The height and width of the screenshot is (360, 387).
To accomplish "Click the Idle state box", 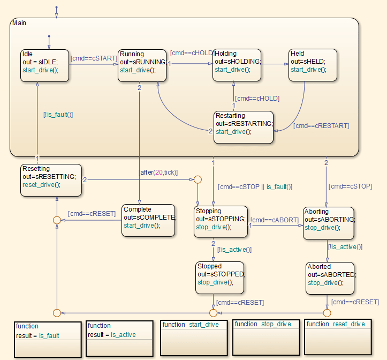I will [45, 65].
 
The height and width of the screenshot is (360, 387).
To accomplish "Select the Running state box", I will [142, 65].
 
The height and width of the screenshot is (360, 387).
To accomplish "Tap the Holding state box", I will [237, 65].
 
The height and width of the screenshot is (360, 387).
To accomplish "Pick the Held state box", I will [313, 65].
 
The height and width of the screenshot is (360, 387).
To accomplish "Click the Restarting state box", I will [243, 127].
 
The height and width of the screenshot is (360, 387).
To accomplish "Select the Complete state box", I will [148, 220].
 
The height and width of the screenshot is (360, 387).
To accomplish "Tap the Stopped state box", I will [219, 277].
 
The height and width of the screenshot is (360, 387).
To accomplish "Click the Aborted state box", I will [330, 278].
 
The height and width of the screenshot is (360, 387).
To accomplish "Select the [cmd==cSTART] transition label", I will [94, 58].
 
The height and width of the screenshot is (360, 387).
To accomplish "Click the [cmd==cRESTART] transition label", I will [321, 126].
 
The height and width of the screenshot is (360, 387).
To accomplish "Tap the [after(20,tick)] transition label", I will [158, 172].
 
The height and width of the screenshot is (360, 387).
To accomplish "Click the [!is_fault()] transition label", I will [58, 114].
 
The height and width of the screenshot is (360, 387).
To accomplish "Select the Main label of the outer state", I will [18, 23].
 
